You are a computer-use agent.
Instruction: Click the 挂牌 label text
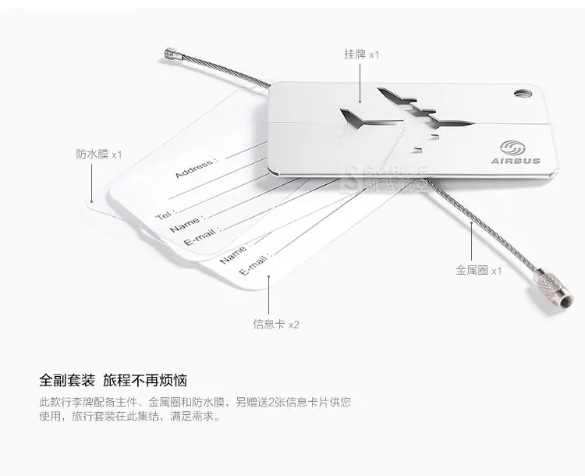coord(355,55)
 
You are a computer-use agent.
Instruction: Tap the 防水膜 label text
coord(92,155)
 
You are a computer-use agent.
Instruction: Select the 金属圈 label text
coord(472,270)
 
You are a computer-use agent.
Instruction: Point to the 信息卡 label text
coord(269,324)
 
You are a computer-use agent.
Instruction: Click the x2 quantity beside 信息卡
coord(294,324)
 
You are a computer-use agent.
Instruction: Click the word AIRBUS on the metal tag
coord(515,161)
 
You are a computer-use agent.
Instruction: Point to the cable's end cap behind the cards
coord(172,55)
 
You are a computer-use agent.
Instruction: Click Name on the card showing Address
coord(186,223)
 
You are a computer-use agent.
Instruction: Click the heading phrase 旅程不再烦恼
coord(145,381)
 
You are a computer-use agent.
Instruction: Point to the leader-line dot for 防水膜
coord(92,203)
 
